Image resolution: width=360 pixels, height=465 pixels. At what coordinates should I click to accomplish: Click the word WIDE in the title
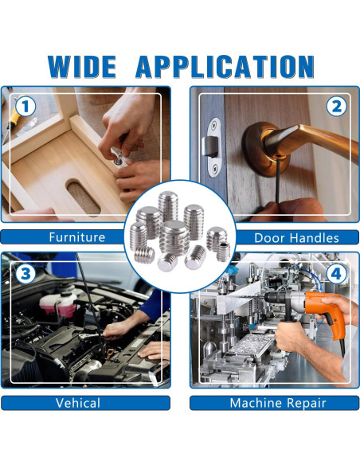click(82, 67)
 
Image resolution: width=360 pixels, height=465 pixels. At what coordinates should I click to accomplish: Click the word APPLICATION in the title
click(225, 67)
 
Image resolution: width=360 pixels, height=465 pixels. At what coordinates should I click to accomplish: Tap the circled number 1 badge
click(25, 107)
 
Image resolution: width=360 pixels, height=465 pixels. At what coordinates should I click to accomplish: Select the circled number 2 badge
click(336, 107)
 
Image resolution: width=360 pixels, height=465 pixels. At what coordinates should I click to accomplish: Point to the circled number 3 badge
click(25, 273)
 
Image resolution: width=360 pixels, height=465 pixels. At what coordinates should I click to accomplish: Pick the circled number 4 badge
click(336, 273)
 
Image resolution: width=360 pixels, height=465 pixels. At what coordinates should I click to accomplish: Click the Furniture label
click(77, 237)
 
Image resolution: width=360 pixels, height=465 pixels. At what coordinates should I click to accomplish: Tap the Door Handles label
click(296, 238)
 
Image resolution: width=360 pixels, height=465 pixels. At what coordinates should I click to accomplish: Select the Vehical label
click(78, 403)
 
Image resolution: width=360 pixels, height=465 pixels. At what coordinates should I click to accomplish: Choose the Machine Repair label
click(278, 403)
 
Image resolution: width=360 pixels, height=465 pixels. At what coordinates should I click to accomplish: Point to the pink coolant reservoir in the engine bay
click(58, 303)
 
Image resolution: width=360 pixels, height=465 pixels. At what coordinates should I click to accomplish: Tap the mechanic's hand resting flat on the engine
click(154, 350)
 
